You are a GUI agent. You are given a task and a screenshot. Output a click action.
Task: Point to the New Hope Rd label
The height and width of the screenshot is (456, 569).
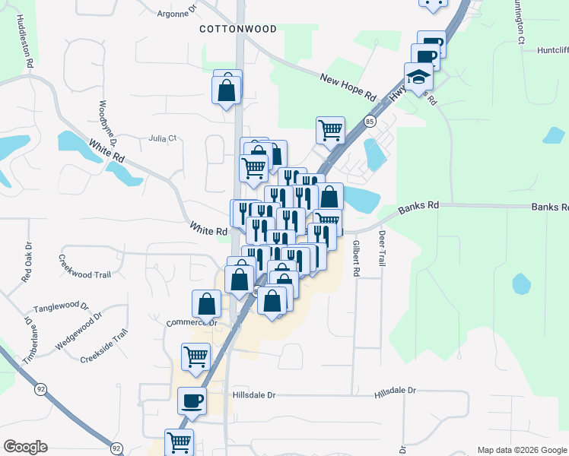pos(348,87)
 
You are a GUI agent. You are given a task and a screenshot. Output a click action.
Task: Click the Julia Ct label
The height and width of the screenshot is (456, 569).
pos(163,138)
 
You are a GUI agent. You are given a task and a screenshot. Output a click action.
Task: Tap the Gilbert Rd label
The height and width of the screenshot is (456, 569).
pos(355,258)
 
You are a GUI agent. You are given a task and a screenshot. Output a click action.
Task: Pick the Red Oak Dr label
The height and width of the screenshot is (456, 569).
pos(27,263)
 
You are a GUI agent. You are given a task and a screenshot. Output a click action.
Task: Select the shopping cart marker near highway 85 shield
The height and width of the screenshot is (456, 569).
pos(330,129)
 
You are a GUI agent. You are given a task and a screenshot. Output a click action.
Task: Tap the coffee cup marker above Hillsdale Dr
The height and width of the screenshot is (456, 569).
pos(192,401)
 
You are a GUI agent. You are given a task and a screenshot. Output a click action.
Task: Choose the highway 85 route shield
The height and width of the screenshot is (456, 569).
pos(370,121)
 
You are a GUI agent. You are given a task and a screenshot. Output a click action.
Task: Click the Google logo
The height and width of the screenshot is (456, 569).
pos(25,447)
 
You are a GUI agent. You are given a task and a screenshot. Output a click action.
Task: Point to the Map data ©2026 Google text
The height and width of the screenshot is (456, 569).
pos(522,450)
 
